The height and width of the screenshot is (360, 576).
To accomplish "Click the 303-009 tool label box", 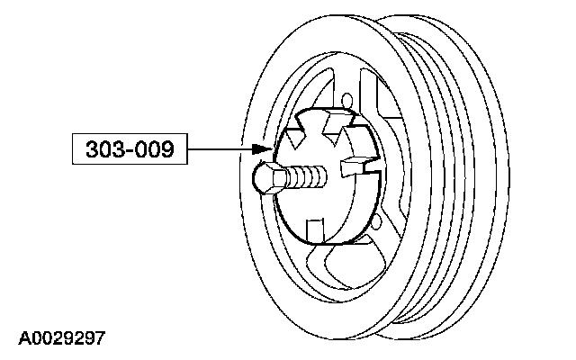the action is (129, 149).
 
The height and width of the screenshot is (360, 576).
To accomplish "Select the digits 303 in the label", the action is (101, 149).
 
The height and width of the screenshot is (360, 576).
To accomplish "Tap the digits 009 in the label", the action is (157, 149).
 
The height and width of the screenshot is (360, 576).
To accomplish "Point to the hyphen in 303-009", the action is (129, 149).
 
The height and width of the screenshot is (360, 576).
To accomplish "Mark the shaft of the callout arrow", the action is (220, 149).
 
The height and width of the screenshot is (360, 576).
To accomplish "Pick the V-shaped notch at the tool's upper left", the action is (301, 135).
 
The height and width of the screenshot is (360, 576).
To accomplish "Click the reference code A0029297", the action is (61, 339).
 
